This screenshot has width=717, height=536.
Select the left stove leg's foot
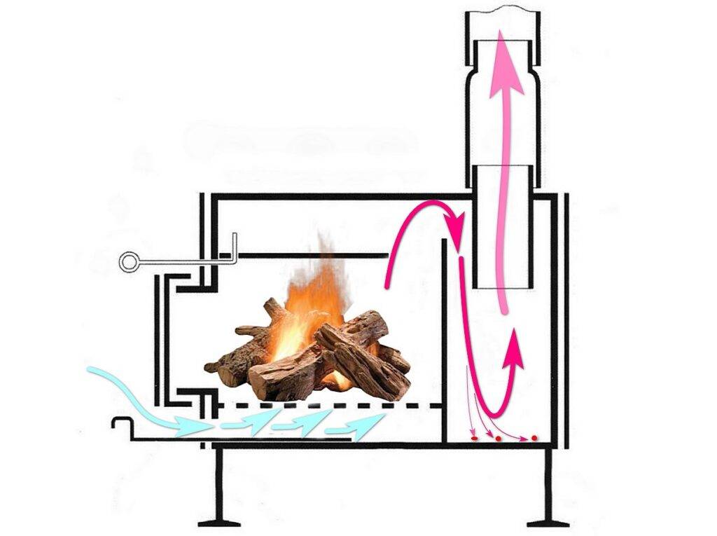218,522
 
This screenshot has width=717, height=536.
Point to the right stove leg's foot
548,522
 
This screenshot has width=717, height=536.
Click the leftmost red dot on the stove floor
474,438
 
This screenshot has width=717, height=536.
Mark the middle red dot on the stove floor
498,439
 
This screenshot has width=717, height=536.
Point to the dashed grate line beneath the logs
329,405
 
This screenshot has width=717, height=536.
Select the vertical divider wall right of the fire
445,336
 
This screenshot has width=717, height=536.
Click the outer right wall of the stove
566,315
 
